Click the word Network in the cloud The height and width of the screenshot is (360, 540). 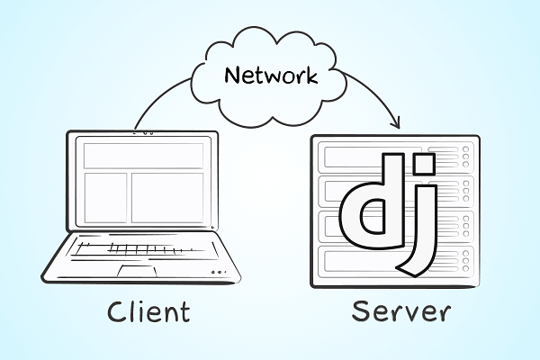[271, 76]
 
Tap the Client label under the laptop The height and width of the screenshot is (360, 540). [148, 311]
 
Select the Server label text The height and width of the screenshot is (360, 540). [400, 311]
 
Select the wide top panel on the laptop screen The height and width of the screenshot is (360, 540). [143, 156]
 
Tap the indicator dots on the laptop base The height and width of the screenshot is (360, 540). [216, 272]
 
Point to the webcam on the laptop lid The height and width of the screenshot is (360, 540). [143, 133]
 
